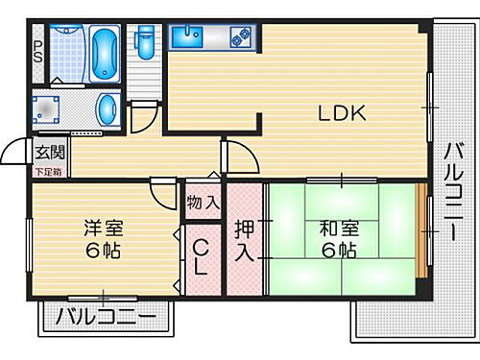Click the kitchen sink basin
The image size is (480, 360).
click(x=187, y=37)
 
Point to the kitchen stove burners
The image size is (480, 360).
click(x=240, y=38)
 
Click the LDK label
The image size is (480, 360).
click(x=343, y=113)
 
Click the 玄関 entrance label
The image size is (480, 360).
click(x=49, y=151)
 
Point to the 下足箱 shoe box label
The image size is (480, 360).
click(x=47, y=171)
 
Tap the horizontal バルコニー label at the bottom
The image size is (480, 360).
click(x=106, y=316)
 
